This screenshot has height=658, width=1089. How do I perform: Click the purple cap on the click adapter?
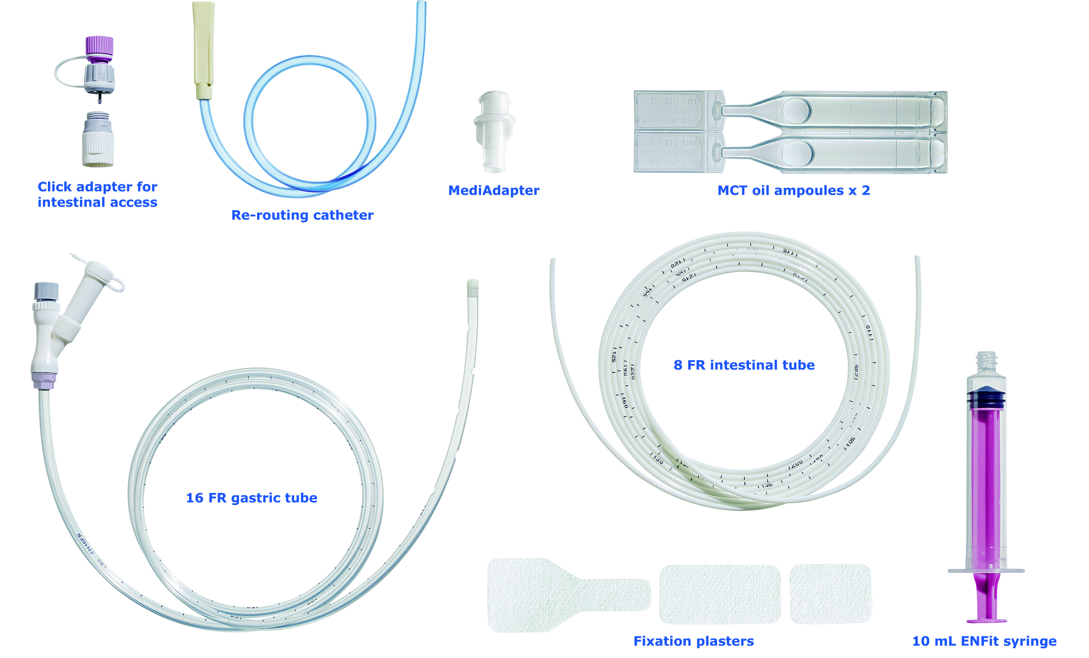click(99, 45)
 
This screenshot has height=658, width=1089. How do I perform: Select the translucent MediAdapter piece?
click(494, 131)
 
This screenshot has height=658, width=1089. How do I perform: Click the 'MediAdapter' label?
click(494, 190)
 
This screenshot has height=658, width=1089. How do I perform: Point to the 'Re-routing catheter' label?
click(302, 215)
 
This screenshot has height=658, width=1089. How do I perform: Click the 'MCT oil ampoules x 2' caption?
click(793, 190)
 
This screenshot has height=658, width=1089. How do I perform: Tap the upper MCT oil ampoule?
click(824, 110)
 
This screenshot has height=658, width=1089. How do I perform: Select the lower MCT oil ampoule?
click(824, 153)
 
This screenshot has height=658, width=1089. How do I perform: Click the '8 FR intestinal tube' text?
click(744, 365)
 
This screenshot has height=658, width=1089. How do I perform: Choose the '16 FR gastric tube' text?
click(251, 498)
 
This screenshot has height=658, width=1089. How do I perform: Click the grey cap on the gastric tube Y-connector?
click(46, 291)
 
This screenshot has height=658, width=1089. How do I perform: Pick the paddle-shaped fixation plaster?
click(556, 595)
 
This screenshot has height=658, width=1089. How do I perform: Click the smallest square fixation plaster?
click(830, 594)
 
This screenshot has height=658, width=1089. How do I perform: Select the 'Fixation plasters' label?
click(693, 641)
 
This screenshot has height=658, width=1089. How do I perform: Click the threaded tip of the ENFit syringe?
click(986, 362)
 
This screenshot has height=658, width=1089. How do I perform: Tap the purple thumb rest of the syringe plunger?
click(986, 619)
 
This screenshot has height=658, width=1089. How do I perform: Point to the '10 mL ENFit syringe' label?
click(984, 641)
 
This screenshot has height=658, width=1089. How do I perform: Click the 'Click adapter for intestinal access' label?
click(97, 194)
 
